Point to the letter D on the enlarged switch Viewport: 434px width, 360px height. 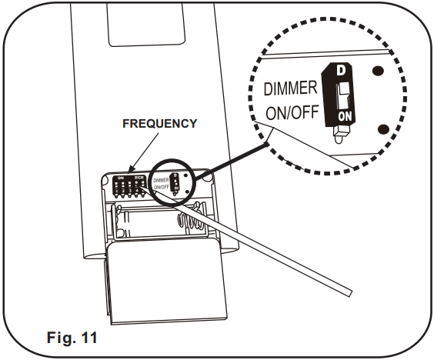coord(340,71)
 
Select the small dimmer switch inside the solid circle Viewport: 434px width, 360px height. coord(175,185)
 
